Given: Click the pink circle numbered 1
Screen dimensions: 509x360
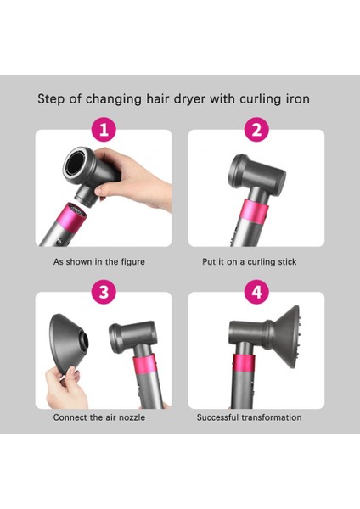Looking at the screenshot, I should [103, 130].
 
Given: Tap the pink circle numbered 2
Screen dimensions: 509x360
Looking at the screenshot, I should [256, 130].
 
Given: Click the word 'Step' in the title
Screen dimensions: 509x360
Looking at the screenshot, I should [53, 99].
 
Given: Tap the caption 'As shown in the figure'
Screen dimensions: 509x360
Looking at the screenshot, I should [98, 262].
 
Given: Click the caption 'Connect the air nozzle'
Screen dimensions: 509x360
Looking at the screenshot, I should [100, 417].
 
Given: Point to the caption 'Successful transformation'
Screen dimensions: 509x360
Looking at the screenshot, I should [249, 417].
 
